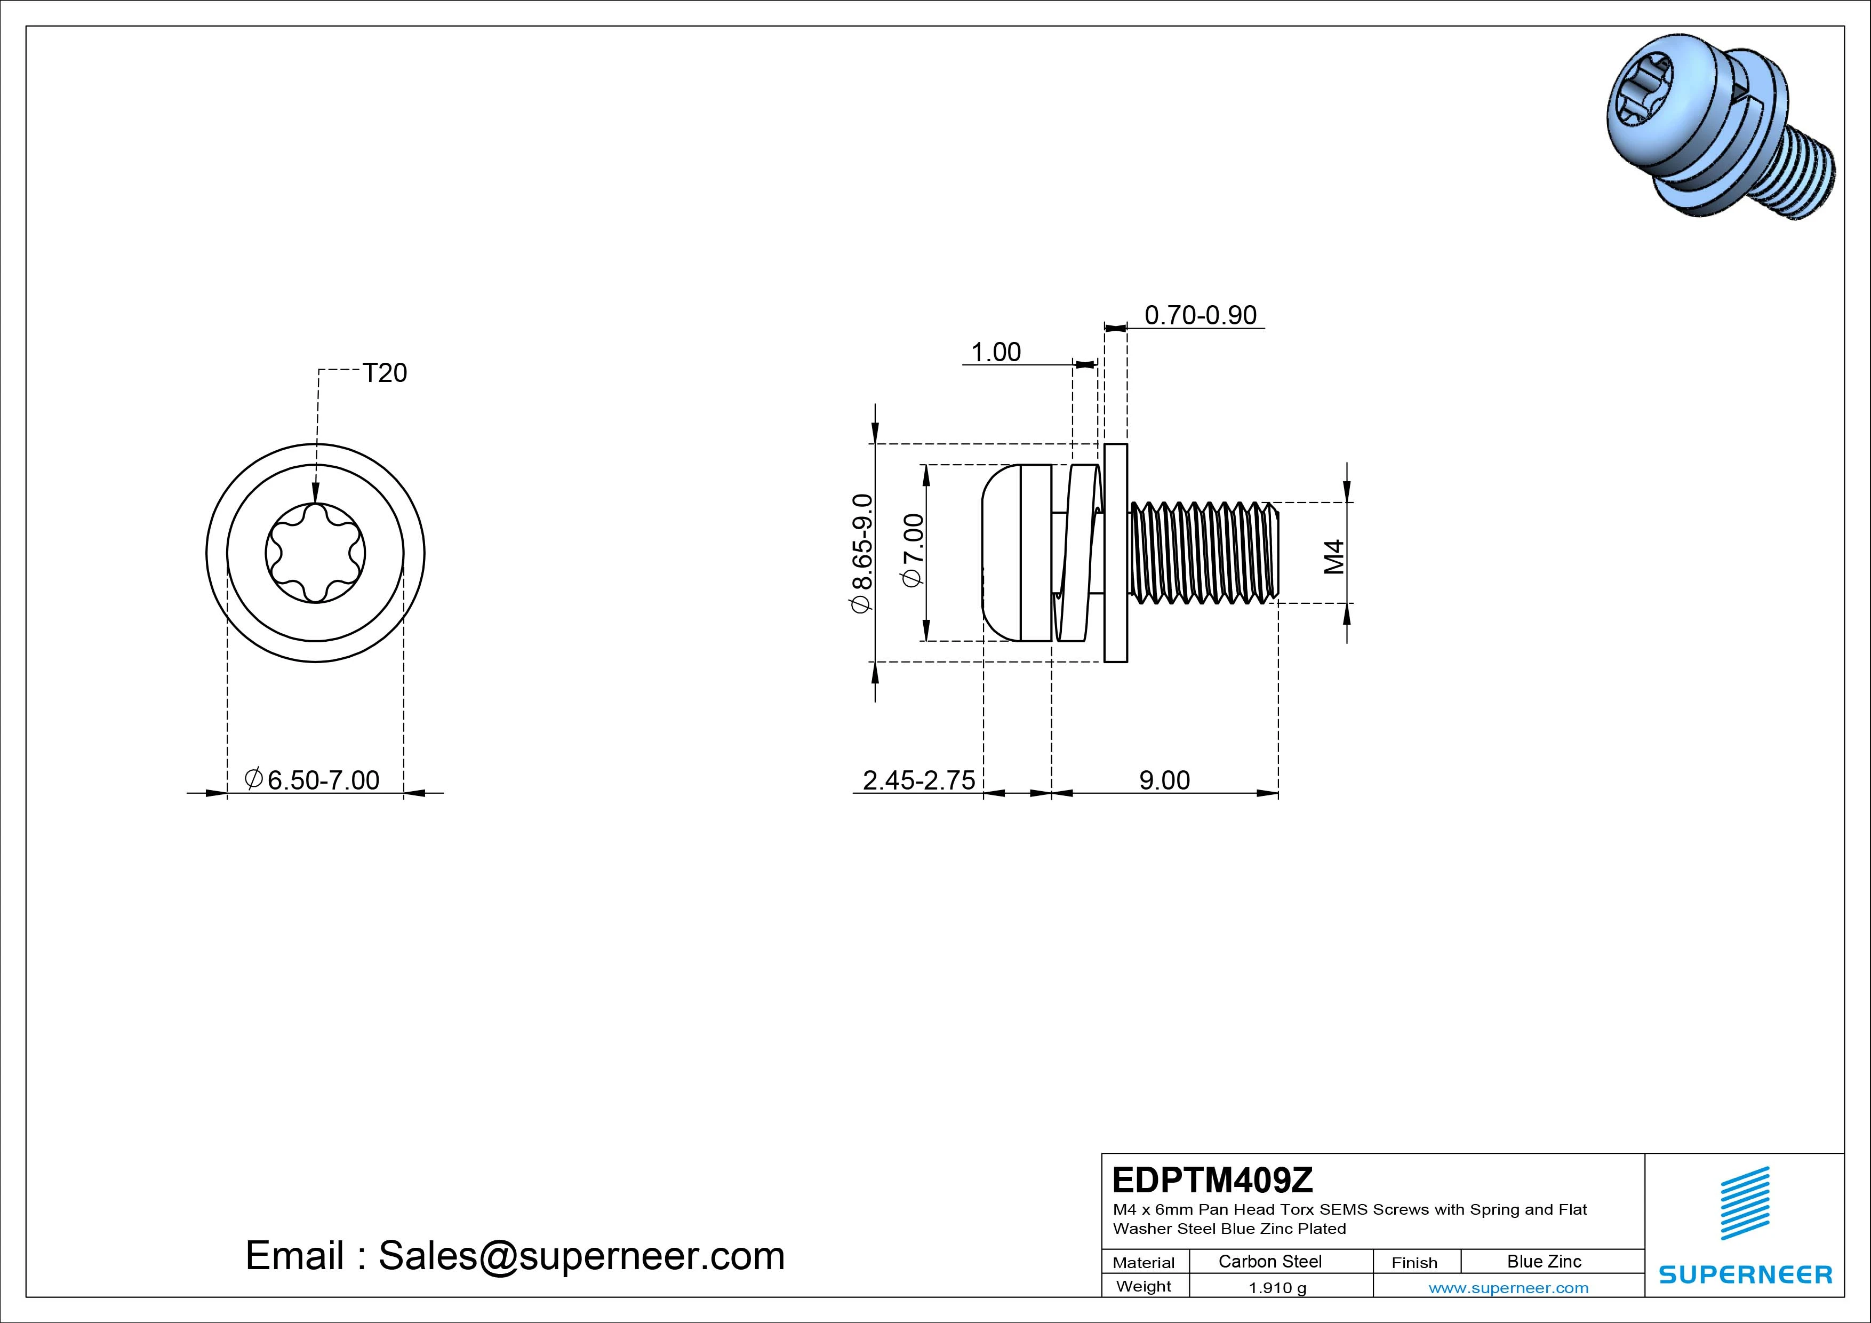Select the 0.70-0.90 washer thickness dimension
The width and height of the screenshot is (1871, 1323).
(1201, 315)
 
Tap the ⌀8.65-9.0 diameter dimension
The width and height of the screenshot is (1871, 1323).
(861, 553)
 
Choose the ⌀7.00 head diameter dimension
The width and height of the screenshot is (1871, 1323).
(914, 549)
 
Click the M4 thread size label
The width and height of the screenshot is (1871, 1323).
(1333, 557)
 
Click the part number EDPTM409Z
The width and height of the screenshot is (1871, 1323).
(1212, 1179)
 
